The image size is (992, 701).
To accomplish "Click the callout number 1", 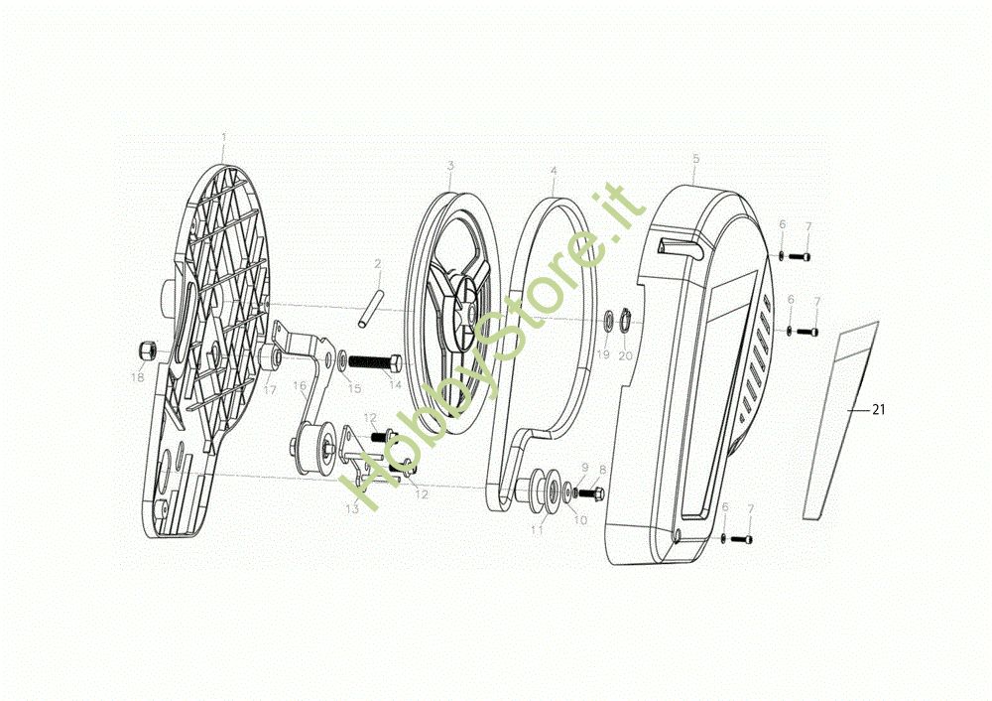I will coord(224,136).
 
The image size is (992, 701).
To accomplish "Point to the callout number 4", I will coord(554,171).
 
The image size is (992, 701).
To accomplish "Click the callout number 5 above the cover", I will coord(695,158).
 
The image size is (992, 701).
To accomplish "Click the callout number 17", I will coord(269,390).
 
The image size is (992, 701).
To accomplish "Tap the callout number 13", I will coord(351,508).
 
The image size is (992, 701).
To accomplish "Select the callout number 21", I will coord(877,408).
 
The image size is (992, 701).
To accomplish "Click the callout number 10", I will coord(580,518).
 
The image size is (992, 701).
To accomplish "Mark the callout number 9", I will coord(585,467).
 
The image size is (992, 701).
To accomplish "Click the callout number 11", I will coord(537,531).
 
